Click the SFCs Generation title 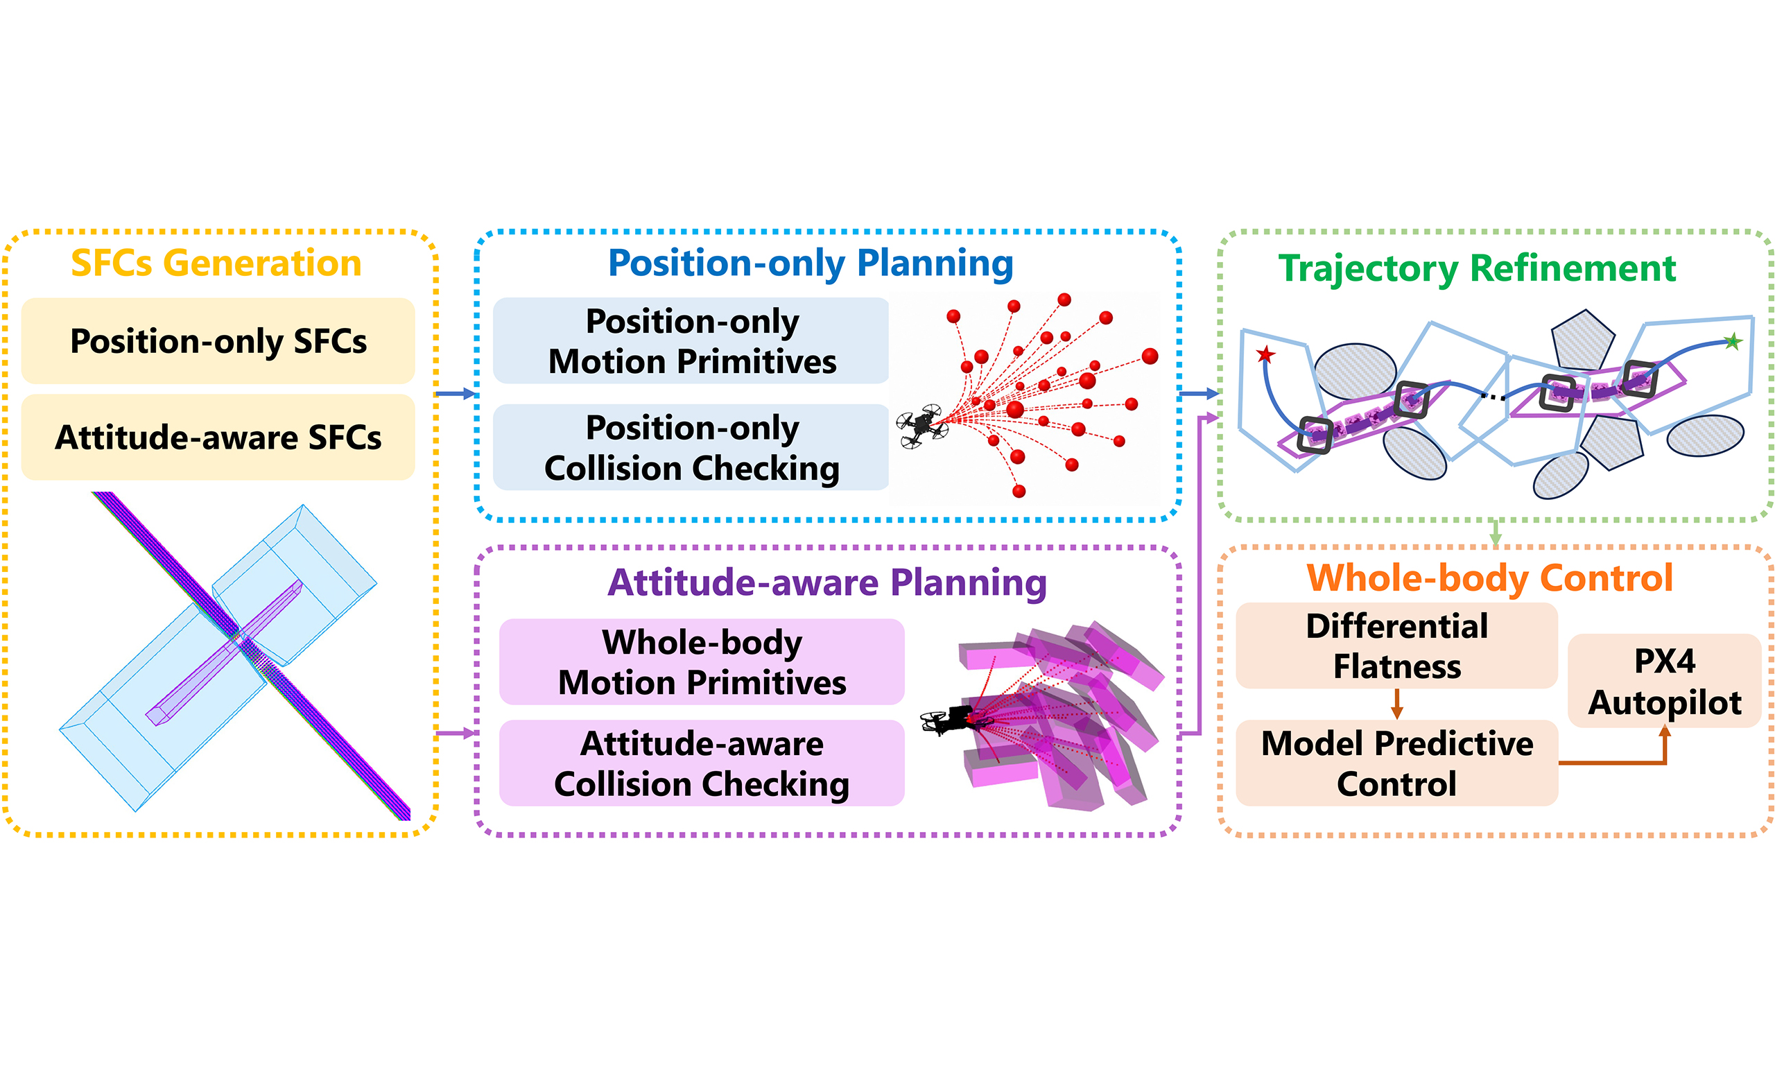click(x=216, y=263)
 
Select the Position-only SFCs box click(x=218, y=341)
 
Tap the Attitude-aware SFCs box click(x=218, y=437)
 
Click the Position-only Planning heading click(x=811, y=263)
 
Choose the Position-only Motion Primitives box click(x=691, y=341)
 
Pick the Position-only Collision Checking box click(x=691, y=447)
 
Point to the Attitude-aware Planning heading click(x=827, y=582)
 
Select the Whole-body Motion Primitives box click(x=702, y=661)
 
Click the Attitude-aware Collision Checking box click(x=702, y=763)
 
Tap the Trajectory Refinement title click(x=1478, y=269)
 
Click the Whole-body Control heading click(x=1490, y=578)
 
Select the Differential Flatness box click(x=1397, y=646)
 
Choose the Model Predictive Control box click(x=1397, y=763)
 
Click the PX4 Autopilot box click(x=1665, y=681)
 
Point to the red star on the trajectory click(x=1265, y=354)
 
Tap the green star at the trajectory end click(x=1733, y=341)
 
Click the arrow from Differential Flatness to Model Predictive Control click(x=1397, y=704)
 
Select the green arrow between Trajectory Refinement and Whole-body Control click(x=1495, y=532)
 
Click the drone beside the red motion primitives click(x=923, y=426)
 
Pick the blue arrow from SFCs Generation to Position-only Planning click(x=456, y=394)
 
